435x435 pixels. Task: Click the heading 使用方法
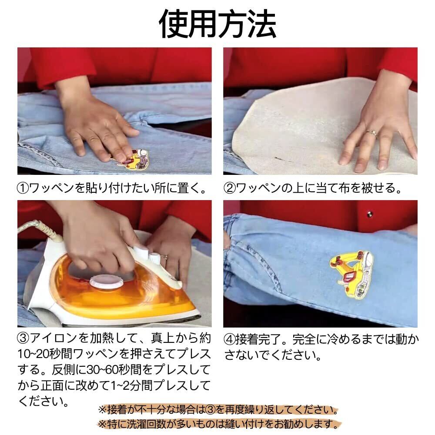click(217, 24)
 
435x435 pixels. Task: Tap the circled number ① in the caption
click(23, 188)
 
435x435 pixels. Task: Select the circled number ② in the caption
click(230, 188)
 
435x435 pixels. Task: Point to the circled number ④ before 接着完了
click(229, 340)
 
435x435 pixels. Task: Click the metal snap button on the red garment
click(369, 214)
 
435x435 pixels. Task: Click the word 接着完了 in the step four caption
click(259, 340)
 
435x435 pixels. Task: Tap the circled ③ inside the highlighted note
click(210, 410)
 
